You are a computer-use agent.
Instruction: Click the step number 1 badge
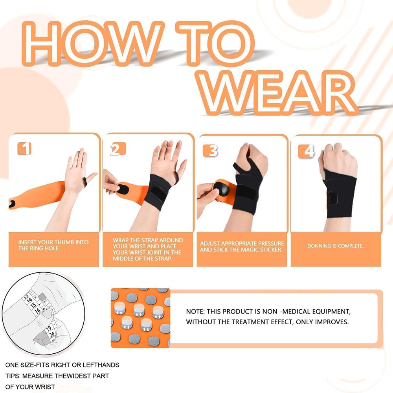pos(24,149)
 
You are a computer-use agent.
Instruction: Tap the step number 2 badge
pos(118,149)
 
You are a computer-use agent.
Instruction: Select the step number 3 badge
pos(211,151)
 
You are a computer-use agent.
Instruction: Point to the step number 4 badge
pos(306,151)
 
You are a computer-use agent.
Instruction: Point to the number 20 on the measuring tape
pos(52,334)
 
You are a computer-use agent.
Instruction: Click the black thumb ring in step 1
pos(85,182)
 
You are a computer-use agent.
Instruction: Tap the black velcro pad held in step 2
pos(123,189)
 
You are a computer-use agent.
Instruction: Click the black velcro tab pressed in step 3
pos(222,189)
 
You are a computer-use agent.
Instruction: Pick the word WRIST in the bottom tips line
pos(45,387)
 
